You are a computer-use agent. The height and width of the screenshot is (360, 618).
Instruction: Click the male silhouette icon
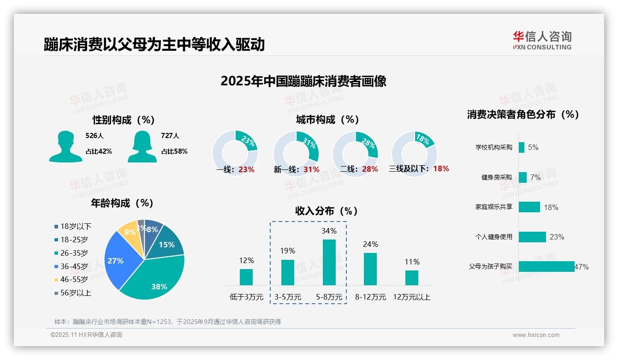point(65,146)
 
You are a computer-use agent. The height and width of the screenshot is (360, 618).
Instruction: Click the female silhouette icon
point(142,146)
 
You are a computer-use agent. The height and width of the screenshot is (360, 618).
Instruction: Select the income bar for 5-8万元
point(329,262)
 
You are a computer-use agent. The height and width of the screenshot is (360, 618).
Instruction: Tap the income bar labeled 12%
point(246,277)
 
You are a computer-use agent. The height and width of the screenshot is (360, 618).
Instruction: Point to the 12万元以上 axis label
point(411,297)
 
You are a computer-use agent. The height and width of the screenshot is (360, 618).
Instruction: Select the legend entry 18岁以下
point(73,226)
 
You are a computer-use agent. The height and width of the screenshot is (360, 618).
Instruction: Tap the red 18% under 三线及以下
point(441,168)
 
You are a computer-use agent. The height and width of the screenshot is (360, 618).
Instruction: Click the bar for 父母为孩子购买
point(547,266)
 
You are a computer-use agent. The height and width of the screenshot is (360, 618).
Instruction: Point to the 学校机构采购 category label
point(493,147)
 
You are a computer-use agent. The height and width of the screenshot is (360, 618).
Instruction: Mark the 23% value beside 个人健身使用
point(557,237)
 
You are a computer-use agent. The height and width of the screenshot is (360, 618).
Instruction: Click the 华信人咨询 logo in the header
point(542,40)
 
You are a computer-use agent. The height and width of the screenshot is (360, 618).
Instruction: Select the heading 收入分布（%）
point(327,211)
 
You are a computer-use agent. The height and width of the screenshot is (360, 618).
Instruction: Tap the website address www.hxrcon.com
point(535,335)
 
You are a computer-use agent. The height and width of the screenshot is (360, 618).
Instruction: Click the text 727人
point(170,136)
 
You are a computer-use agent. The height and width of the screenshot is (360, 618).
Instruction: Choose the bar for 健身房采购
point(523,177)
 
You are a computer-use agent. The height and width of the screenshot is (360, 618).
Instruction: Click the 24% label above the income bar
point(370,244)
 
